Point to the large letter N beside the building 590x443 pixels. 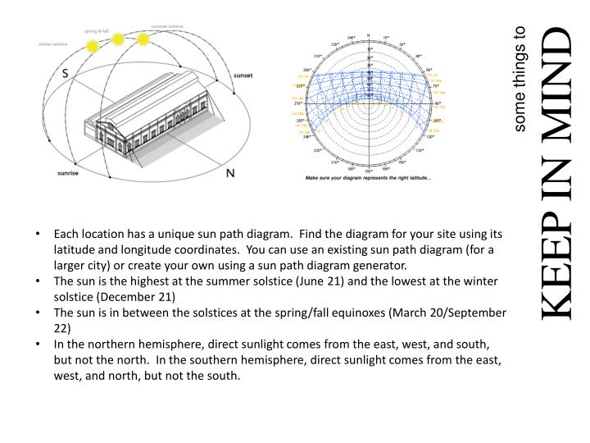click(x=231, y=173)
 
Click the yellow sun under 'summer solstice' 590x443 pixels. click(x=143, y=39)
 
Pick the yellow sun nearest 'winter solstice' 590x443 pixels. click(x=93, y=45)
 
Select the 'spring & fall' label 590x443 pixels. click(x=98, y=30)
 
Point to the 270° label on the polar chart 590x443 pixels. click(x=299, y=103)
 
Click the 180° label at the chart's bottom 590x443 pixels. click(x=369, y=171)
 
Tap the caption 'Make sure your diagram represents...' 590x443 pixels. click(x=369, y=178)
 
